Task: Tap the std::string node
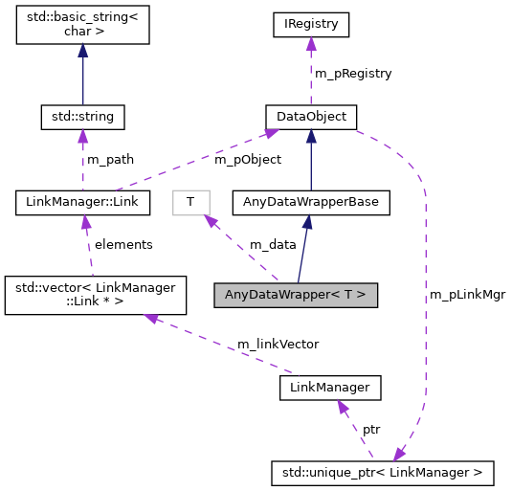pos(82,118)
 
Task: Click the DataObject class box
pos(311,118)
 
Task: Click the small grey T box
pos(190,202)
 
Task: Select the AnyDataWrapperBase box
pos(311,202)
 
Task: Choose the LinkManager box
pos(330,388)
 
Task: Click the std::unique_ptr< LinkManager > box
pos(382,472)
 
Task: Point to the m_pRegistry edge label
pos(353,73)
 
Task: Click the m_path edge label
pos(110,160)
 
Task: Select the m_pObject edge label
pos(247,160)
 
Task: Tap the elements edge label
pos(122,245)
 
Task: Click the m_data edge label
pos(273,245)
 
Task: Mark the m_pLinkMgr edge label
pos(466,295)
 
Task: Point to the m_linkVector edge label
pos(278,344)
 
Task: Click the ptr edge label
pos(370,430)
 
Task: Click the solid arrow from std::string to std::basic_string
pos(82,77)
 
